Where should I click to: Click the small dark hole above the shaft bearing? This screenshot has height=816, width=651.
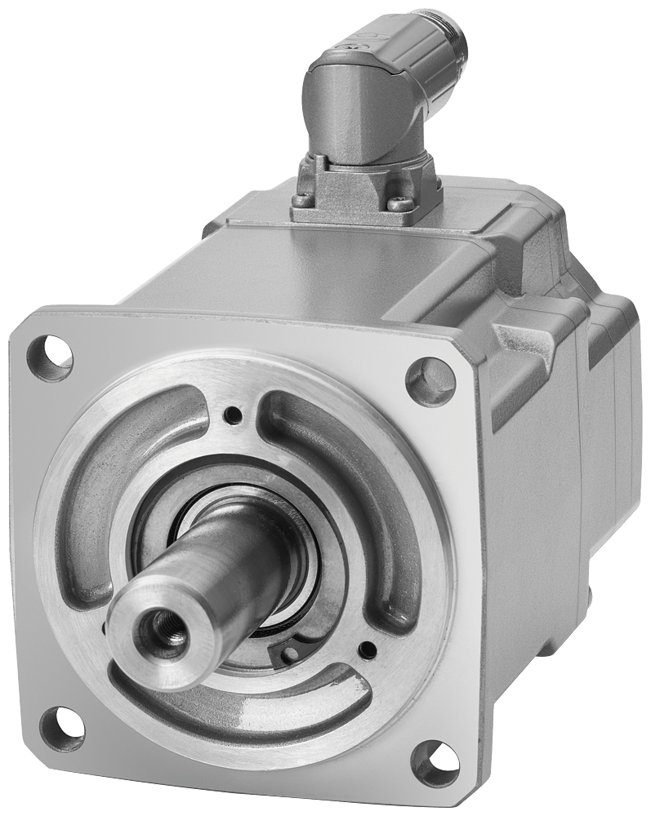pyautogui.click(x=235, y=415)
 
